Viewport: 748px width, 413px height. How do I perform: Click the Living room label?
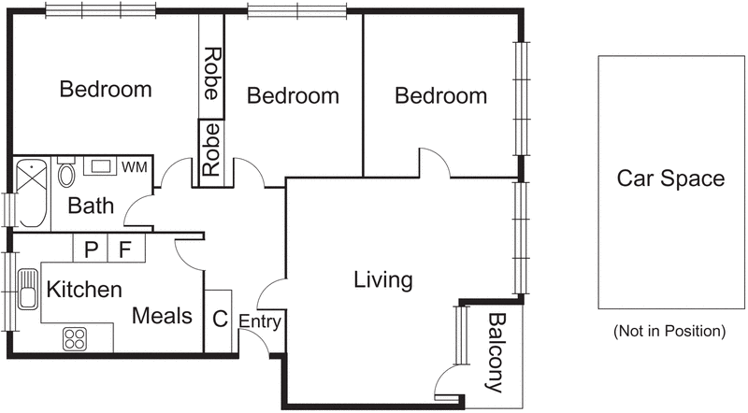(x=383, y=279)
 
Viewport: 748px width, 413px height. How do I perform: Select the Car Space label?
(x=670, y=179)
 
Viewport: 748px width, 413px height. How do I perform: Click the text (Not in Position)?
(x=669, y=331)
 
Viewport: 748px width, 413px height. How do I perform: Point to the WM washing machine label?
(x=134, y=167)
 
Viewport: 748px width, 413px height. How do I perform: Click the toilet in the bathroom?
(x=66, y=175)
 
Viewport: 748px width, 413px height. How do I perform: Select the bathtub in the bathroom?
(x=31, y=193)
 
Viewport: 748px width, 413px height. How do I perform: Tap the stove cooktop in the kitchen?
(x=76, y=338)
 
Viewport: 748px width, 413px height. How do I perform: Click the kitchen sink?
(x=26, y=299)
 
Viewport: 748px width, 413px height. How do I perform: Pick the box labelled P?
(x=91, y=249)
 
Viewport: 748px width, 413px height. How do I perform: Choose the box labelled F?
(x=124, y=249)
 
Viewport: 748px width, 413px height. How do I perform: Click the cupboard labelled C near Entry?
(x=219, y=319)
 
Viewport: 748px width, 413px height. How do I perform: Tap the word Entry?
(x=259, y=320)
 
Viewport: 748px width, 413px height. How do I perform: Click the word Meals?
(x=163, y=316)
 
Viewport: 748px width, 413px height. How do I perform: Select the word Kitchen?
(x=84, y=289)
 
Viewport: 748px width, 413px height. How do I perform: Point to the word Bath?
(x=91, y=206)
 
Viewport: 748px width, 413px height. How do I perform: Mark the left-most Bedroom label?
(x=106, y=90)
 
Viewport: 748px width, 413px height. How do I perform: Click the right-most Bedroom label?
(x=440, y=95)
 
